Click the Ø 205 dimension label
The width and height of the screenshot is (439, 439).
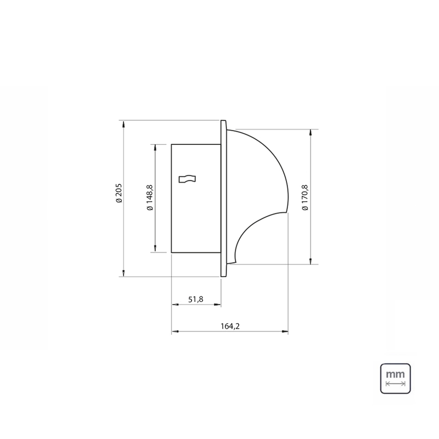119,193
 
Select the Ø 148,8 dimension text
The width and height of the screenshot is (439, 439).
150,198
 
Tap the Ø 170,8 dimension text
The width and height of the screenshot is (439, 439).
305,198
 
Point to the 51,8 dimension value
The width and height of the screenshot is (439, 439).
196,299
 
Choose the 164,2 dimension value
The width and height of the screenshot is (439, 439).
230,326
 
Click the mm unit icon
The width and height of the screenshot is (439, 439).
395,379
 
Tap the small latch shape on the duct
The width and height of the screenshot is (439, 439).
187,179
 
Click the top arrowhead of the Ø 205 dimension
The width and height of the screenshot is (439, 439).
123,124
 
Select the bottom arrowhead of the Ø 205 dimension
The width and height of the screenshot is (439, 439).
123,273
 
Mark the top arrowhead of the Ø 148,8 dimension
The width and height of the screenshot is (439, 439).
155,148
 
